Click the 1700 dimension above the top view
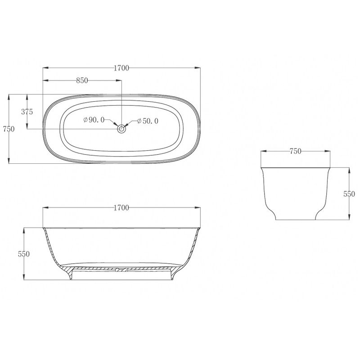pos(121,68)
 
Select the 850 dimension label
pos(82,81)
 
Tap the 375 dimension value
pos(27,112)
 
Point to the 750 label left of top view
pos(9,129)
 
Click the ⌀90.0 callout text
pos(94,120)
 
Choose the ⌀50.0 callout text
pos(148,121)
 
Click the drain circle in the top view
pos(121,129)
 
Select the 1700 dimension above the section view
pos(121,208)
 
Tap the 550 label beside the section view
pos(24,254)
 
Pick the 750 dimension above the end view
pos(295,151)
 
